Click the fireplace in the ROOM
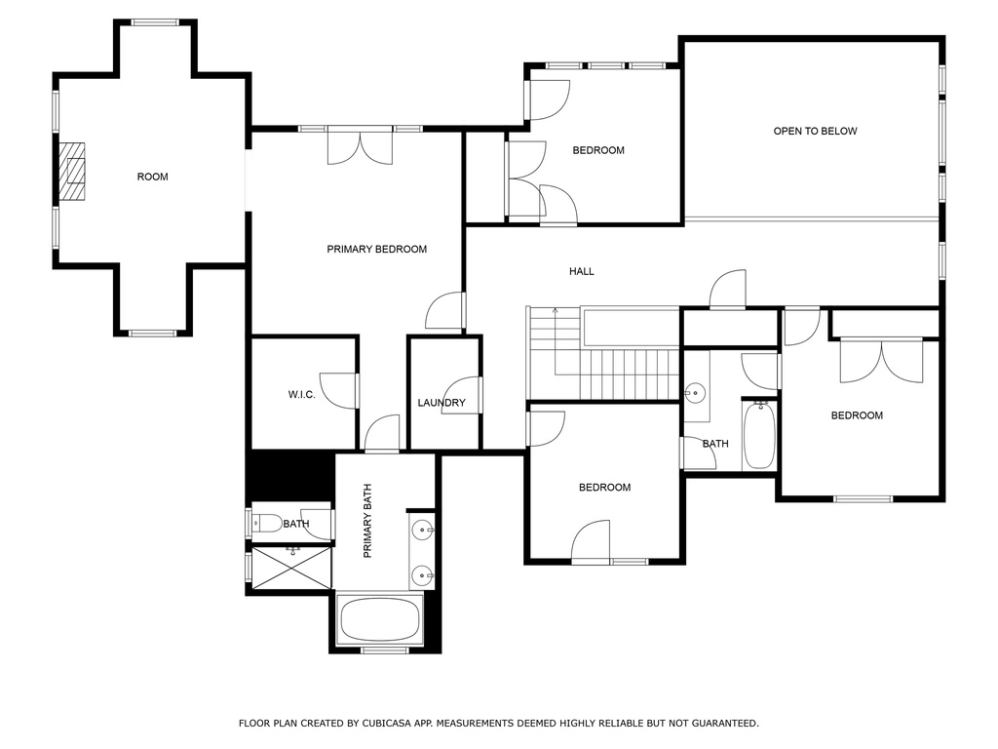point(71,171)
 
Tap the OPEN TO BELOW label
point(815,132)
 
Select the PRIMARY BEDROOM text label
point(377,249)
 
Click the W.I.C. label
point(302,395)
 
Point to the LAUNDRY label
point(441,403)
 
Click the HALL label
point(582,271)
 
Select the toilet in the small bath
point(267,524)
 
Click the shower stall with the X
point(292,567)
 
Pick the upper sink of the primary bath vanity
point(422,529)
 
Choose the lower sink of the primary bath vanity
point(422,575)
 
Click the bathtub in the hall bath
point(759,435)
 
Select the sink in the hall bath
point(695,392)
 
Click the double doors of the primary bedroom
point(361,147)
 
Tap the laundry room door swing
point(460,395)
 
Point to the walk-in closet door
point(338,390)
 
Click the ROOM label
point(153,177)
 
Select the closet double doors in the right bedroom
point(881,361)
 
